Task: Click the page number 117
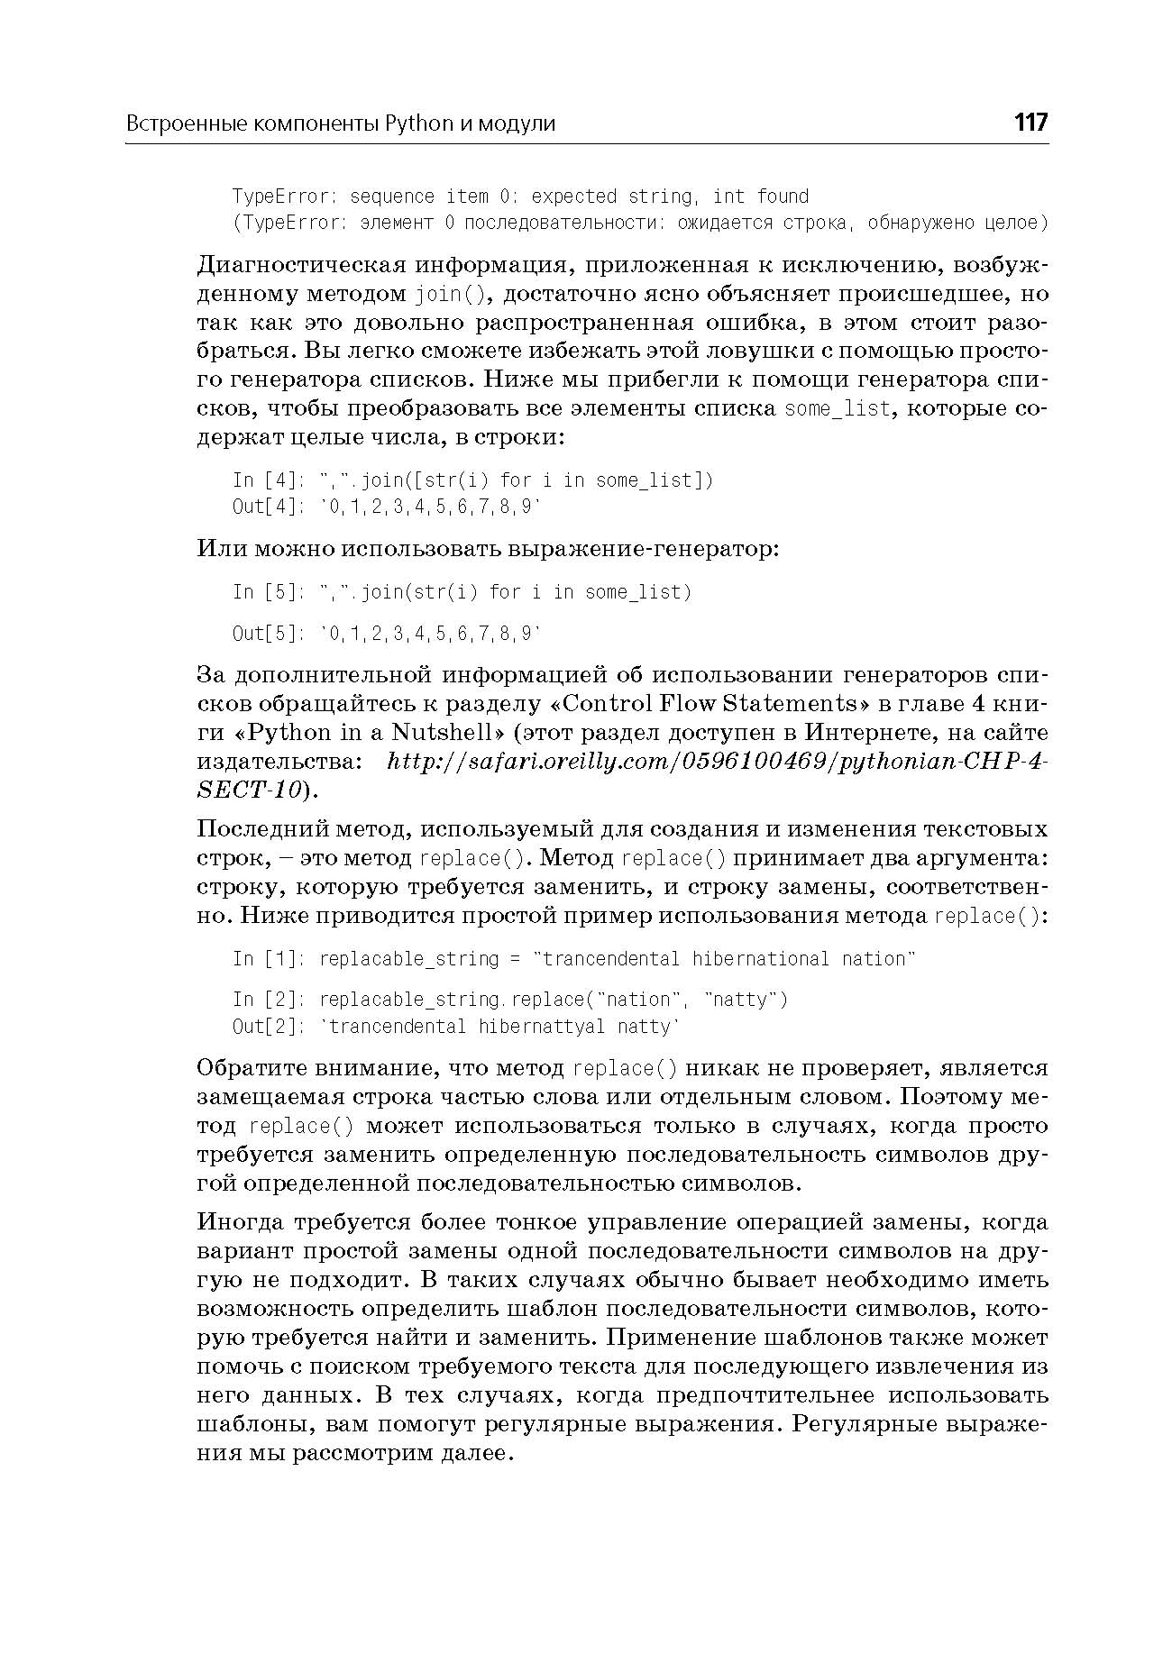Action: [1030, 123]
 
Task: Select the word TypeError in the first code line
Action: [282, 196]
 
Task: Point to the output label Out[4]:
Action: [270, 507]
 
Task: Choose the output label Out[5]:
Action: [270, 634]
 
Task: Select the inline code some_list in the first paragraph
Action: [838, 409]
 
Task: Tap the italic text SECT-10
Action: [248, 790]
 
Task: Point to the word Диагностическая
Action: [299, 266]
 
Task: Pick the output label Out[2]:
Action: [270, 1027]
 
